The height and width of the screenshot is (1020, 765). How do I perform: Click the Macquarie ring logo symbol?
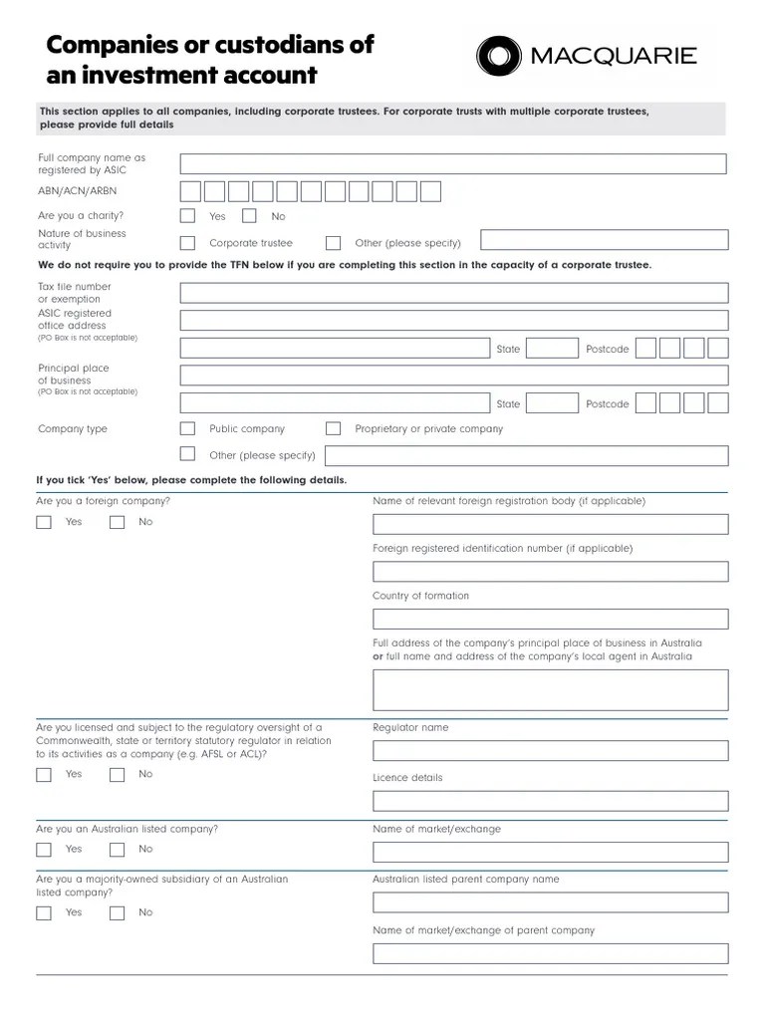click(498, 57)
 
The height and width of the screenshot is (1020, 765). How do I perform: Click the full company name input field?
click(452, 164)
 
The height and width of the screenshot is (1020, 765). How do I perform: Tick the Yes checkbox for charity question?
click(187, 215)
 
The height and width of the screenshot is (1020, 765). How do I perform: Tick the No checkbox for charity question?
click(249, 215)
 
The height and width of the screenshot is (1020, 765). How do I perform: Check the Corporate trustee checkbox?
click(187, 242)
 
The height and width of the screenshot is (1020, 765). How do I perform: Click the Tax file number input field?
click(453, 293)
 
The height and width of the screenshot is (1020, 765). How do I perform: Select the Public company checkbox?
click(187, 428)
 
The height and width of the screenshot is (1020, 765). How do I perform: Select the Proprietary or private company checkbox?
click(334, 428)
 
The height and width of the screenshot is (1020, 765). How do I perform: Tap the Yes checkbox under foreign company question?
click(44, 522)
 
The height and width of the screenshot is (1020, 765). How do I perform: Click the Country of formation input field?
click(550, 619)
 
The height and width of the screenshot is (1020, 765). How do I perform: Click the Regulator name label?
click(410, 727)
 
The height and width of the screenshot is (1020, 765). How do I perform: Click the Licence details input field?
click(550, 801)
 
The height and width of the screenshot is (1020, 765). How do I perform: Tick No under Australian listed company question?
click(118, 850)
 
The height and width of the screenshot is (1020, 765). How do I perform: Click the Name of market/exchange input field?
click(550, 852)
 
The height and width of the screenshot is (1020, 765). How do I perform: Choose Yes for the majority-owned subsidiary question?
click(44, 912)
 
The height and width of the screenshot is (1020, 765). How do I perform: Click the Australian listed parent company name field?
click(550, 902)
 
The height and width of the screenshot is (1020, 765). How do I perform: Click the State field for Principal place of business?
click(552, 403)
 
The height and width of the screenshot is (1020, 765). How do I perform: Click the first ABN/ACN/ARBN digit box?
click(190, 191)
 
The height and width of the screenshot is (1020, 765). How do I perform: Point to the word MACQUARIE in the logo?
click(614, 56)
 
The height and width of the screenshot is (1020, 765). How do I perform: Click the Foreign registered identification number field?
click(550, 572)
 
